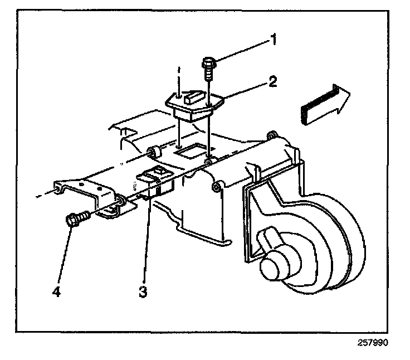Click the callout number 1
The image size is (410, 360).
click(274, 40)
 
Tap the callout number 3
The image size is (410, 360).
click(143, 291)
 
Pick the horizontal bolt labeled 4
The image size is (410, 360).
click(76, 218)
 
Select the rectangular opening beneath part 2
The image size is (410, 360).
click(189, 151)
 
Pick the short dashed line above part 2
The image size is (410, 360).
click(179, 73)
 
